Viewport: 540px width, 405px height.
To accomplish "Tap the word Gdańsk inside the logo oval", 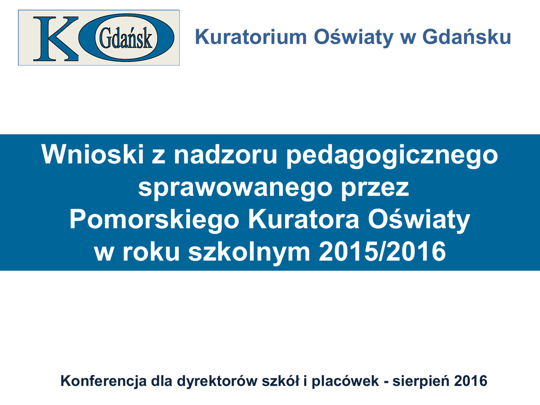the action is [126, 38].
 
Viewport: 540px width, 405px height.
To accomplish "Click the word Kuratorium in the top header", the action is [250, 37].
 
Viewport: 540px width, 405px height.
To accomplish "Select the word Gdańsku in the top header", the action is [467, 36].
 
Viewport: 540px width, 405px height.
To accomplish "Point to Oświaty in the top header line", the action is [353, 36].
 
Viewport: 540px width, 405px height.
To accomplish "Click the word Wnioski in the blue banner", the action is [93, 155].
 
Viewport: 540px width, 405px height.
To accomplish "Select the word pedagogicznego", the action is [392, 156].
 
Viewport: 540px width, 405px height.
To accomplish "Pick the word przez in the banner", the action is [375, 189].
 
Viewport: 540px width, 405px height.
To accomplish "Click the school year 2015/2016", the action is [382, 251].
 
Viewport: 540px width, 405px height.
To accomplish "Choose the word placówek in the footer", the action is [345, 381].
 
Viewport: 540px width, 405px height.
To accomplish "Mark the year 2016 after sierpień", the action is [470, 381].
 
